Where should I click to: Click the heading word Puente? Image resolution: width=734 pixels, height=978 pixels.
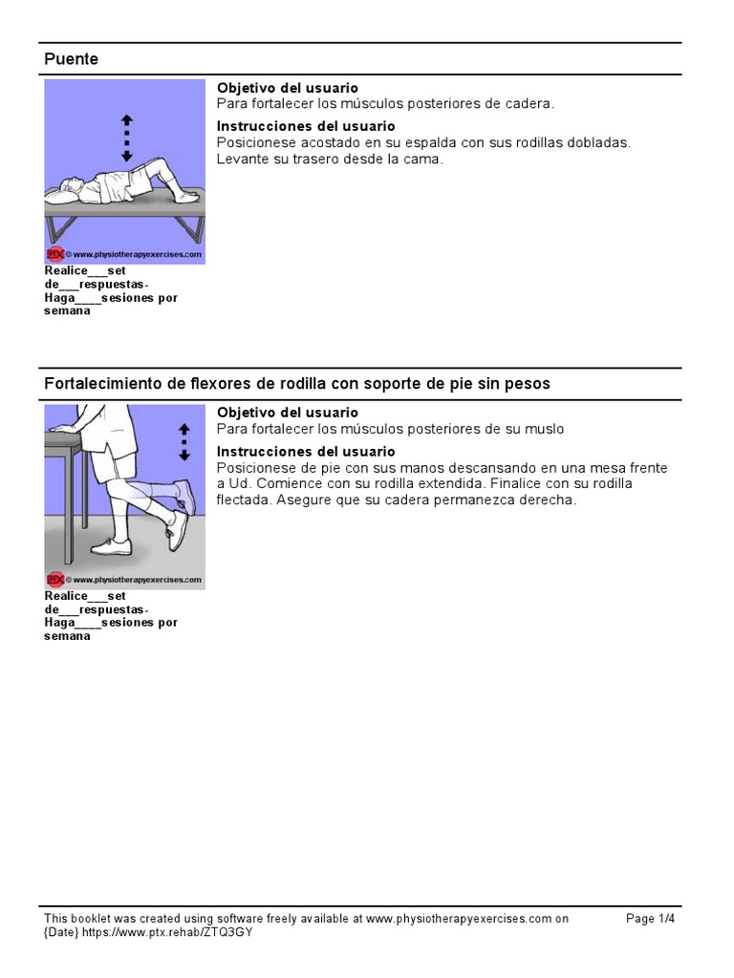(x=72, y=59)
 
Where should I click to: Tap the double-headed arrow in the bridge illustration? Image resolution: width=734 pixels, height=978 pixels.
(x=127, y=138)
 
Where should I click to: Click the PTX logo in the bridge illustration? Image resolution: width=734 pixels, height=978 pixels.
(x=54, y=255)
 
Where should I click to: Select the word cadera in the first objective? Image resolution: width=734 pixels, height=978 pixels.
(x=529, y=103)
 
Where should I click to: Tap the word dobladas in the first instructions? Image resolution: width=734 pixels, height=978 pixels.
(x=595, y=142)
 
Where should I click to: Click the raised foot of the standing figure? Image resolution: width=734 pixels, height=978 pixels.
(x=185, y=497)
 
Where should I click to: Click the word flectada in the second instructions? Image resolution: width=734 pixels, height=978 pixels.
(x=245, y=500)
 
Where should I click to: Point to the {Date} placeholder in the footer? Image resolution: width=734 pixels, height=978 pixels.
(x=65, y=932)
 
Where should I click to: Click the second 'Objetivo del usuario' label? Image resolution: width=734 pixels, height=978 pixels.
(x=287, y=413)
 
